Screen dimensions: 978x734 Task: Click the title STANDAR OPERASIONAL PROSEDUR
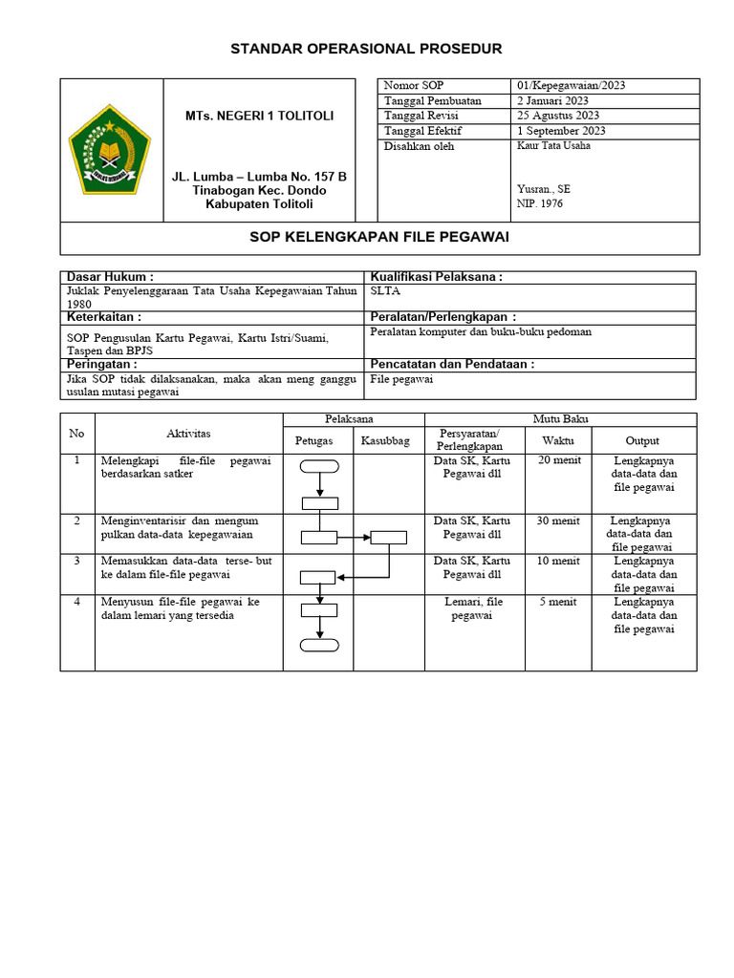pyautogui.click(x=366, y=49)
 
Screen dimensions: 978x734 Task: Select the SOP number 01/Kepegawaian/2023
pyautogui.click(x=572, y=86)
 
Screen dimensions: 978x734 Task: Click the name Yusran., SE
pyautogui.click(x=543, y=189)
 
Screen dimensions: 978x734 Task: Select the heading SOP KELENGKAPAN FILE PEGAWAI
pyautogui.click(x=379, y=237)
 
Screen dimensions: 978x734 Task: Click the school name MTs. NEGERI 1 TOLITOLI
pyautogui.click(x=259, y=116)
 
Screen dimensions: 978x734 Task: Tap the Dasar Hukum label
pyautogui.click(x=110, y=277)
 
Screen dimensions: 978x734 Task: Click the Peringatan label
pyautogui.click(x=102, y=364)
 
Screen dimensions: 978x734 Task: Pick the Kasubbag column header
pyautogui.click(x=385, y=440)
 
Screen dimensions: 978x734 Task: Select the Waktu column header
pyautogui.click(x=558, y=440)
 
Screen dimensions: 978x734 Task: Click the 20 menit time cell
pyautogui.click(x=558, y=460)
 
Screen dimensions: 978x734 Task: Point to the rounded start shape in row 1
pyautogui.click(x=319, y=466)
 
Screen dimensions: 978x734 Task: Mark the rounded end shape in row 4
pyautogui.click(x=319, y=645)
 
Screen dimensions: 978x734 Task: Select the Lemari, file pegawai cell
pyautogui.click(x=473, y=609)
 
